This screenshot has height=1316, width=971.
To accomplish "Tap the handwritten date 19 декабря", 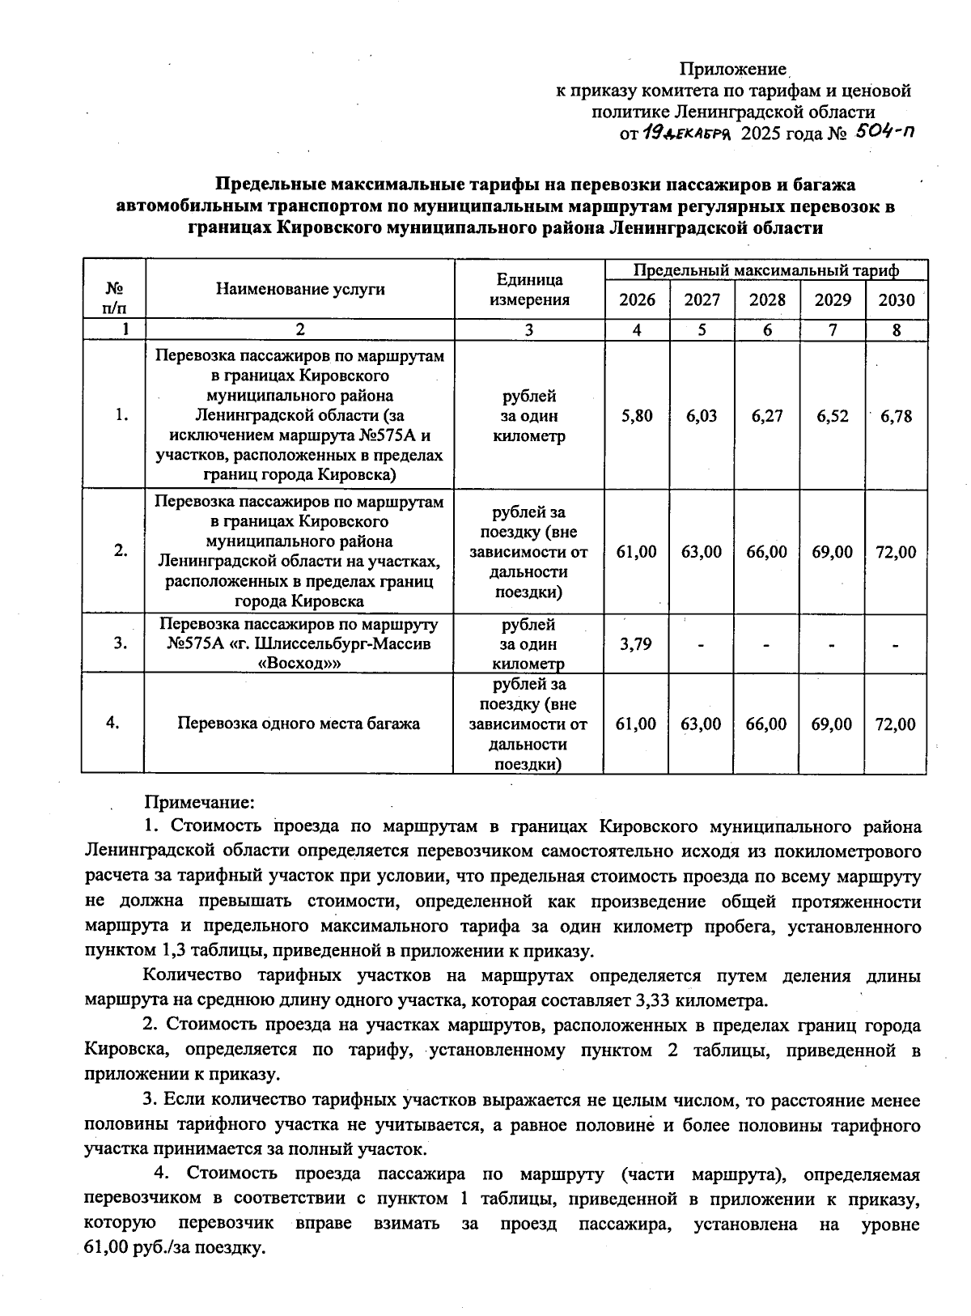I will coord(687,133).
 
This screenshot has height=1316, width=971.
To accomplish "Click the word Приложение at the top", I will coord(733,70).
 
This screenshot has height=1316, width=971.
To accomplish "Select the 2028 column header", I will coord(767,300).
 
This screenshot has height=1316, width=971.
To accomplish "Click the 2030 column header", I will coord(897,300).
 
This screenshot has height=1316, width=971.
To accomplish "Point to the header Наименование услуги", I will coord(300,289).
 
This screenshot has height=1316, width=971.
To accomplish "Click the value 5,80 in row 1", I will coord(637,416).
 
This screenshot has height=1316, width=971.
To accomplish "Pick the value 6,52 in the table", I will coord(833,416).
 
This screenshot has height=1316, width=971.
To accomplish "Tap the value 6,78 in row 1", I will coord(897,416).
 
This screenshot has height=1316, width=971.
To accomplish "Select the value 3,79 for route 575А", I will coord(636,644).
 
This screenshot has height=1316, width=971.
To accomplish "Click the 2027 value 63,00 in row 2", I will coord(702,552).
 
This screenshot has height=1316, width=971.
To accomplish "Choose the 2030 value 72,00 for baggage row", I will coord(896,724).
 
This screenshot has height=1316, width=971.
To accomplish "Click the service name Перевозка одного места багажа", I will coord(299,724).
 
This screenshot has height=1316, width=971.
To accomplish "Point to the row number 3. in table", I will coord(121,644).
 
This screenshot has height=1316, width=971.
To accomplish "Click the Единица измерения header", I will coord(530,290).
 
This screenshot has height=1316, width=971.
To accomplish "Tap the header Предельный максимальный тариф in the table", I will coord(766,270).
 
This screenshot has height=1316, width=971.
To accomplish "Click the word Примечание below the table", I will coord(199,802).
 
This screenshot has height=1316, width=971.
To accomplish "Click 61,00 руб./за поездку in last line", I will coord(175,1248).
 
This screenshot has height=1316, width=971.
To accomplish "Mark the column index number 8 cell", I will coord(897,329).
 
